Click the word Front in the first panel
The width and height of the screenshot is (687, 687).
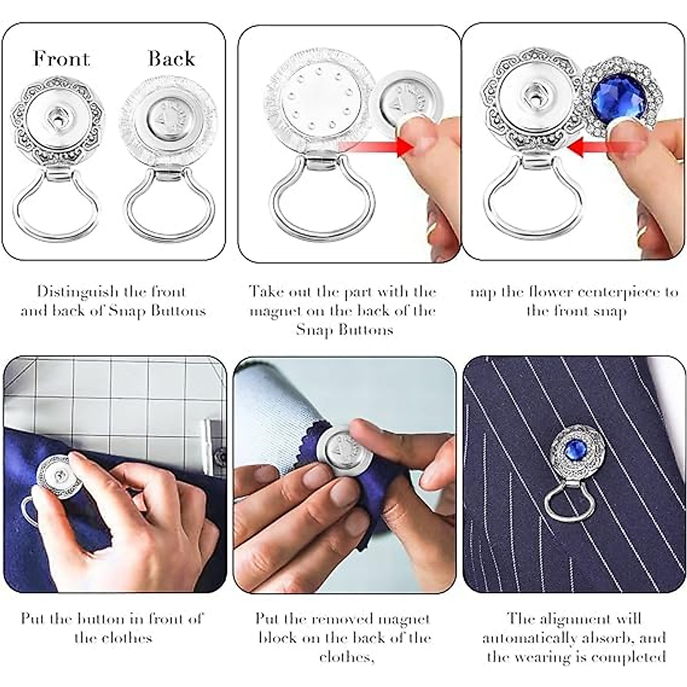tap(61, 58)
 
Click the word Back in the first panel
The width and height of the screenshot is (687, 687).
tap(171, 58)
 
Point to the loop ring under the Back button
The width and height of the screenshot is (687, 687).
tap(169, 203)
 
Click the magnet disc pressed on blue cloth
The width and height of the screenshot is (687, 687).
tap(343, 449)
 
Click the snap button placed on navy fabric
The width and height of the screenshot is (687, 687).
tap(60, 477)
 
